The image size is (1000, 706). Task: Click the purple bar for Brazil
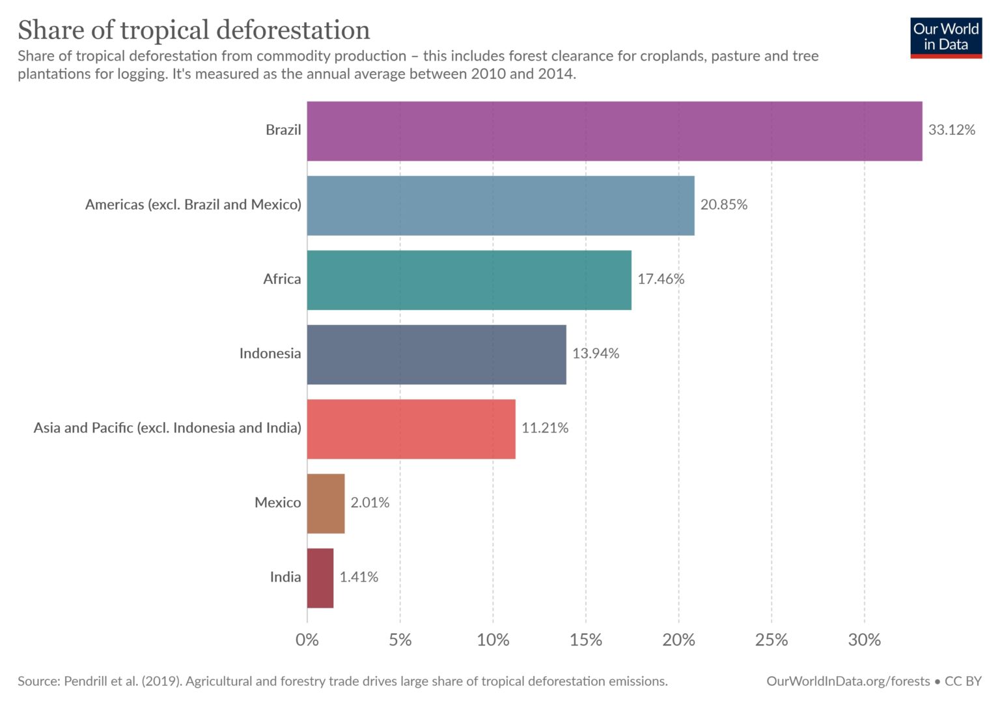tap(614, 131)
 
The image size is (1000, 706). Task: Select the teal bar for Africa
tap(469, 280)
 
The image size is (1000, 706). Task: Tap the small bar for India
tap(320, 578)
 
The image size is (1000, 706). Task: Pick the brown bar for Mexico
tap(326, 503)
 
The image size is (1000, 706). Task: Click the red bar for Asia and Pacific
tap(411, 429)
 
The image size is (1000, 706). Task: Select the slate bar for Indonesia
tap(436, 354)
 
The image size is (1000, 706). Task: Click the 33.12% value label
tap(951, 130)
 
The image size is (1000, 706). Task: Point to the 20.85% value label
tap(723, 205)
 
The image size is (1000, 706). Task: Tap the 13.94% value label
tap(595, 354)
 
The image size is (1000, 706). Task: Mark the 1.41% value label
tap(359, 577)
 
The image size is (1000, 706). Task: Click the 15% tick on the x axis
tap(585, 640)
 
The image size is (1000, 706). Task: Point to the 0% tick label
tap(307, 640)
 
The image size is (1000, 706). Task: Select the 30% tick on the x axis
tap(864, 640)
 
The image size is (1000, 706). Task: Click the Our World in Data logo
tap(945, 37)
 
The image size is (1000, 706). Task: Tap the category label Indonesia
tap(270, 354)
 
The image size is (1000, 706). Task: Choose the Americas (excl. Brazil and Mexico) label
tap(193, 205)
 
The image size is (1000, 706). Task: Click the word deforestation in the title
tap(293, 31)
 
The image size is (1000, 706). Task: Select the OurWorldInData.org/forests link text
tap(848, 681)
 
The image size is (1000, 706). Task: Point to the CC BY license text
tap(963, 681)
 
